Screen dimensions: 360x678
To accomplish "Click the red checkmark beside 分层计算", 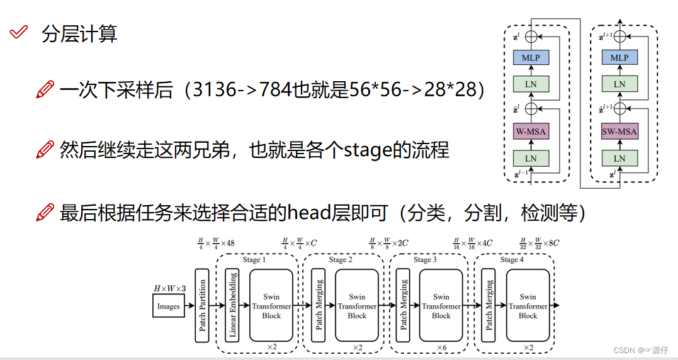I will point(20,32).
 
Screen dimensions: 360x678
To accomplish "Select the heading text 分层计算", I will point(79,33).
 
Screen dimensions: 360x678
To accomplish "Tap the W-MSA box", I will point(531,132).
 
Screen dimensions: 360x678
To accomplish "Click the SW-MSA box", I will point(619,132).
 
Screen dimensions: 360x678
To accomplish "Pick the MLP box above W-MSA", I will point(531,58).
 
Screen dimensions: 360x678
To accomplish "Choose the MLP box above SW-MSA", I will point(619,58).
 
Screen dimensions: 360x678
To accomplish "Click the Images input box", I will point(168,307).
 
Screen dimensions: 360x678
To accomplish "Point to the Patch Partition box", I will point(202,305).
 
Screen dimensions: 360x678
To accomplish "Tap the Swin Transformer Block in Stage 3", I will point(441,306).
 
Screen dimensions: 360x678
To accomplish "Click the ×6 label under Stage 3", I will point(441,347).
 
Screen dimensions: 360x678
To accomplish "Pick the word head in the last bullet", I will point(308,213).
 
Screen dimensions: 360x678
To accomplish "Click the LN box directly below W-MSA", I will point(531,159).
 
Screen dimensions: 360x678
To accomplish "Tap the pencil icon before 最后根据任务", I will point(45,213).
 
